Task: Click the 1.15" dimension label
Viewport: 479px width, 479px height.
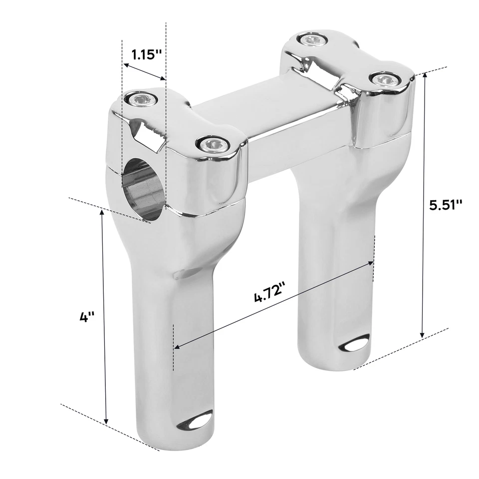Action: coord(146,54)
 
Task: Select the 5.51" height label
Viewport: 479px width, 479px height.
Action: coord(446,205)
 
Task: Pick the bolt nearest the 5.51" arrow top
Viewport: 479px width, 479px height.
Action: coord(384,79)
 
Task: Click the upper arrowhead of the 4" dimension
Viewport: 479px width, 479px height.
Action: coord(103,213)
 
